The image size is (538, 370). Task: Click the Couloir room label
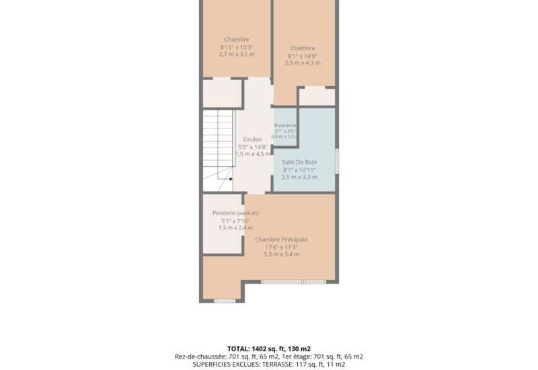tap(253, 139)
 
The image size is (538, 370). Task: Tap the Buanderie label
tap(285, 125)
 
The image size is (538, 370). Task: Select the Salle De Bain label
tap(299, 162)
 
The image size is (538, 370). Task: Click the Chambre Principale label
tap(281, 239)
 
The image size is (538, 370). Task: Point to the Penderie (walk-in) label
tap(236, 213)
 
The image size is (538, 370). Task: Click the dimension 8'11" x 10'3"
tap(237, 47)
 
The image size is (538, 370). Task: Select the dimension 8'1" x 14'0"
tap(303, 56)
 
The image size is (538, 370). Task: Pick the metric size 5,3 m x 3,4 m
tap(281, 254)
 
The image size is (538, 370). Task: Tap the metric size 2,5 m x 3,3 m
tap(299, 177)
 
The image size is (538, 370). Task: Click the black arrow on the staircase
tap(231, 179)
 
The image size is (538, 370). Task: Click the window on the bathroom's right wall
tap(337, 161)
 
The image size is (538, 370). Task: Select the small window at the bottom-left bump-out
tap(225, 301)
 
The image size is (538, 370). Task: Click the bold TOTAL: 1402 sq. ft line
tap(269, 349)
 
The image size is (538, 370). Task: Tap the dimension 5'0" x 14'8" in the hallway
tap(253, 147)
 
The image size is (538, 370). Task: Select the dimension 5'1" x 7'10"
tap(236, 221)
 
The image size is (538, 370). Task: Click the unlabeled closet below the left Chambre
tap(223, 94)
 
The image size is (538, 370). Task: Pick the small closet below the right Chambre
tap(317, 97)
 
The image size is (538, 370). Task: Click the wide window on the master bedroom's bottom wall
tap(294, 282)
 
